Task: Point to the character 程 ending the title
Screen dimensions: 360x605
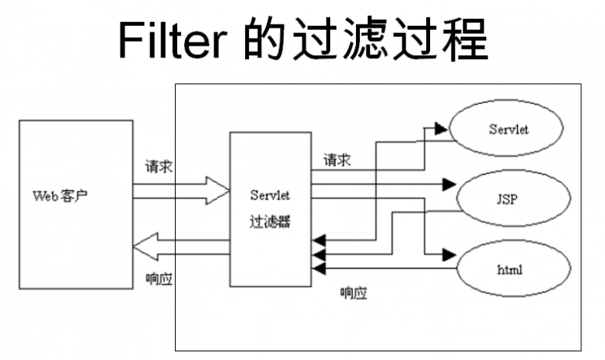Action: (465, 40)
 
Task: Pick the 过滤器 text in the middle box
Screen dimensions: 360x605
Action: (270, 222)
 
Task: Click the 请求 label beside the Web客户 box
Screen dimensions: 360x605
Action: (158, 167)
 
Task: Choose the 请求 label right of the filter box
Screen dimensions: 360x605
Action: (336, 161)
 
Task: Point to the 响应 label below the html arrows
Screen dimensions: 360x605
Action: (354, 294)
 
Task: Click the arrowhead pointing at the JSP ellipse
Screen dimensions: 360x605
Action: (449, 185)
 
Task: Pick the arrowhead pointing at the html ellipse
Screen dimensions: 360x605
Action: (449, 254)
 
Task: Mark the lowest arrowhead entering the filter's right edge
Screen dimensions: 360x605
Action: (318, 269)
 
